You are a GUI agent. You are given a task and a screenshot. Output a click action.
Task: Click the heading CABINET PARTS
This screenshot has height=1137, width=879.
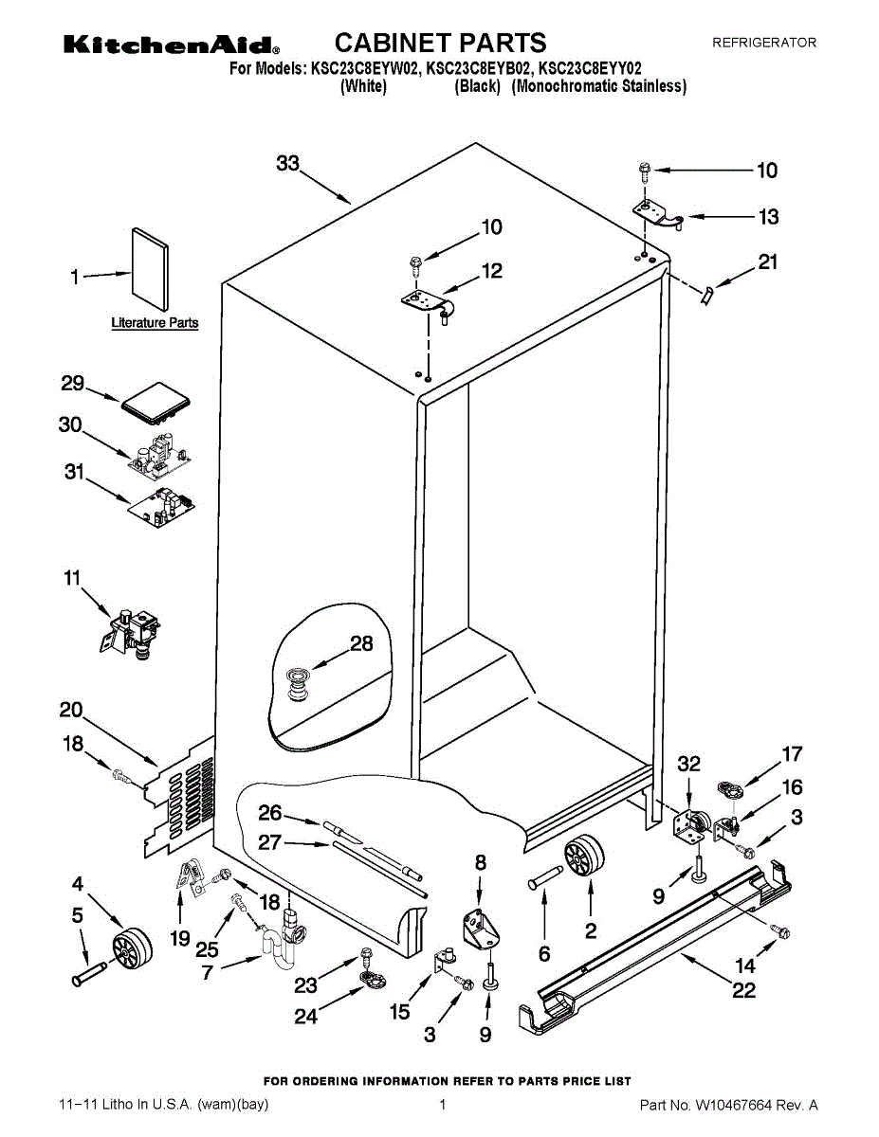point(440,43)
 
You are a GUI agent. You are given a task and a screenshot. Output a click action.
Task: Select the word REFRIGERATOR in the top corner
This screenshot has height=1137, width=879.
point(764,43)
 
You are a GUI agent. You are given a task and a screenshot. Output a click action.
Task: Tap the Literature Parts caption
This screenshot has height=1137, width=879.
point(155,323)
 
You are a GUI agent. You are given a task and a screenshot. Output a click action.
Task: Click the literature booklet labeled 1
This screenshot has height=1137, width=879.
point(151,270)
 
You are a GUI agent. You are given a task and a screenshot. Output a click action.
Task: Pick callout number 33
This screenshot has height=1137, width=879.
point(288,163)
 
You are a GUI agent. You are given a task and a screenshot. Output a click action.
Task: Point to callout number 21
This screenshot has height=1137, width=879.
point(768,262)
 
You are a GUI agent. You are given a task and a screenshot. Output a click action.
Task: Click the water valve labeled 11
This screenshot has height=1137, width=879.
point(131,634)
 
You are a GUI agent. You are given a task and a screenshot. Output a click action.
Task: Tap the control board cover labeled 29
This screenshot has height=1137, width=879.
point(156,404)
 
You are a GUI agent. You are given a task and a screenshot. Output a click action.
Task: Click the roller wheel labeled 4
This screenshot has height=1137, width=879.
point(133,947)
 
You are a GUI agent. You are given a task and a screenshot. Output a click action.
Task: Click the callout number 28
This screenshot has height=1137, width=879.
point(361,643)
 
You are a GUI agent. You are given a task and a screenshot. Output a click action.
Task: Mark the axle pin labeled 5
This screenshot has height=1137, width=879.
point(89,973)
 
